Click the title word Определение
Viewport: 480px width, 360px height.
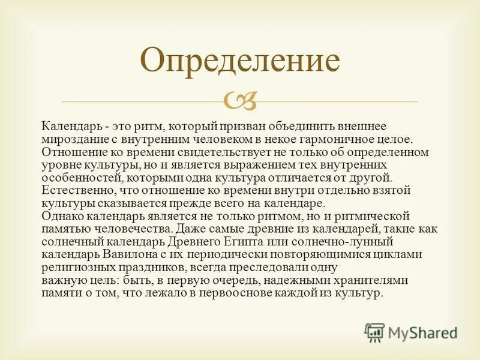pos(240,60)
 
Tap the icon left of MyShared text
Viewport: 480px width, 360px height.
pos(374,332)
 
